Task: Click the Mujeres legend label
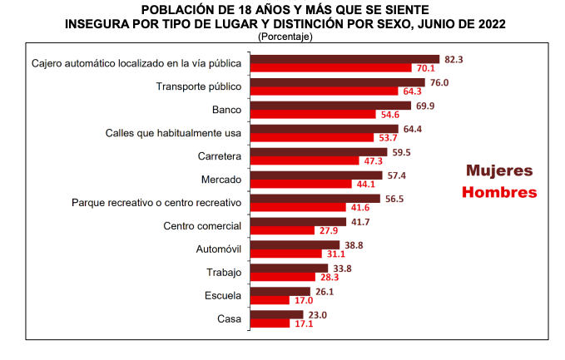499,170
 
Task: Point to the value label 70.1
426,68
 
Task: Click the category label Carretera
221,156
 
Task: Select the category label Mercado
221,180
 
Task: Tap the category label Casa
229,318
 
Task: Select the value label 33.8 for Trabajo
342,268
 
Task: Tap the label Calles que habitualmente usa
173,133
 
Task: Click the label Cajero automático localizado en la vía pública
136,63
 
